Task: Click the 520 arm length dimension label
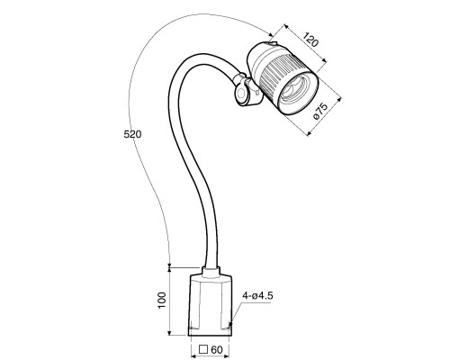click(x=132, y=134)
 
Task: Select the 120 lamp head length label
click(x=310, y=40)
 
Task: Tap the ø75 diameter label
click(x=320, y=112)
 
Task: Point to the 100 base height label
click(x=161, y=301)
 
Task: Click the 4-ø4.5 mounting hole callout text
click(x=257, y=296)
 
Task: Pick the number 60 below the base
click(x=217, y=350)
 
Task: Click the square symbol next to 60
click(x=203, y=349)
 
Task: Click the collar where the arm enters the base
click(x=211, y=273)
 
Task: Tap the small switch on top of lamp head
click(x=272, y=44)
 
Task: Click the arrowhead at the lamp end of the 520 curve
click(x=271, y=34)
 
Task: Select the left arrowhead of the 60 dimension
click(x=193, y=356)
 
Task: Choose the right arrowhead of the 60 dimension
click(x=227, y=356)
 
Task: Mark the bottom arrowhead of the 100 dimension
click(x=169, y=332)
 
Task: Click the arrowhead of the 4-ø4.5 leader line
click(x=230, y=325)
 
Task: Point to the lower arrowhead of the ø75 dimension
click(x=310, y=133)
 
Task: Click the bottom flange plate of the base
click(x=211, y=332)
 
